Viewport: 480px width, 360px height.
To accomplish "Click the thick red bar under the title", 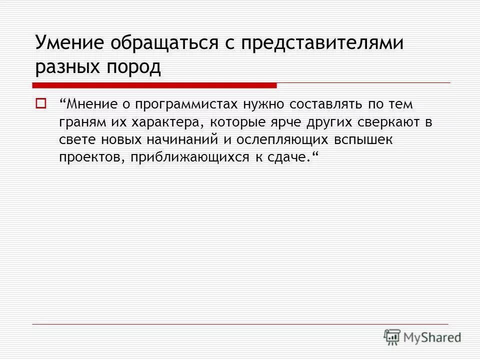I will tap(154, 85).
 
